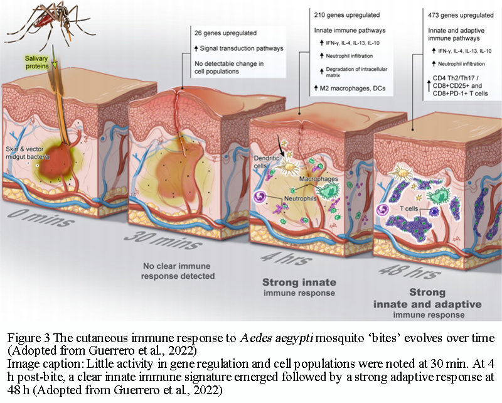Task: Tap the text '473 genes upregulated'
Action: tap(440, 13)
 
